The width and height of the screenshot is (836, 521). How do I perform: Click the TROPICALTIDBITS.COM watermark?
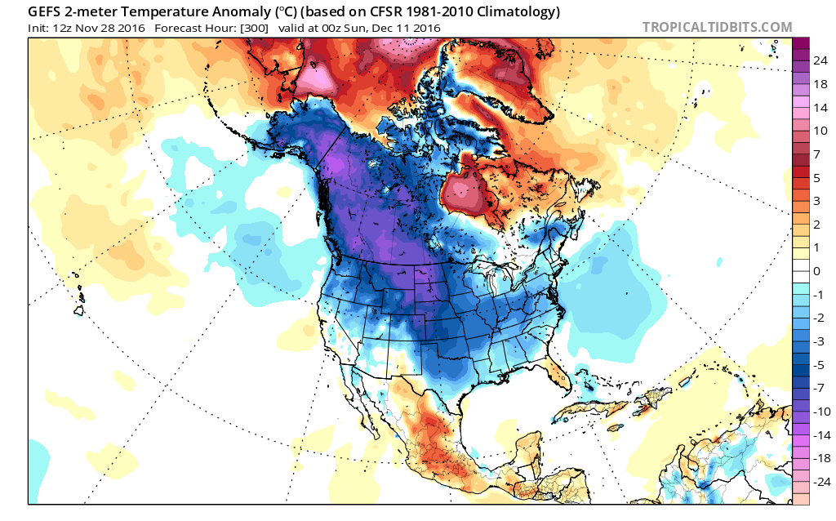[717, 27]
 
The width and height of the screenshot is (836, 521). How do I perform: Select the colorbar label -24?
[819, 481]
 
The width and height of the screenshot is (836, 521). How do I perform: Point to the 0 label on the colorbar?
[816, 270]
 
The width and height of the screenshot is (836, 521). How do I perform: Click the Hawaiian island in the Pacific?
[81, 310]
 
